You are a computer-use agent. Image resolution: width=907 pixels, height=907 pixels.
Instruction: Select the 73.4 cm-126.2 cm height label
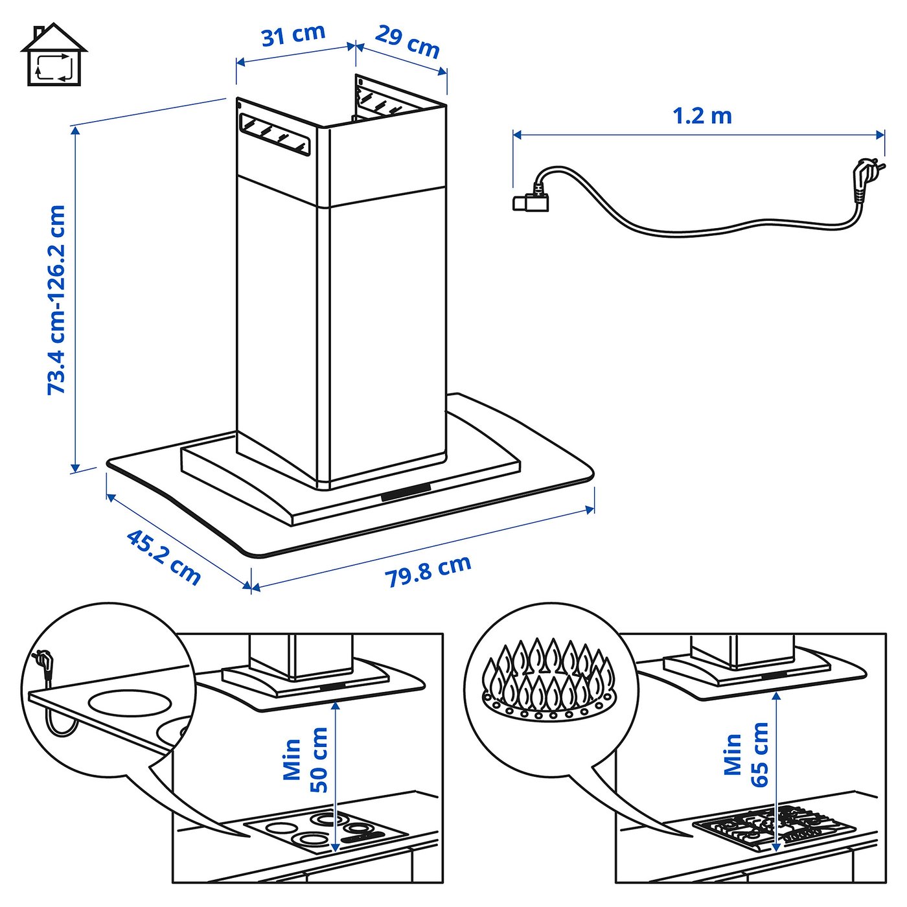click(x=57, y=299)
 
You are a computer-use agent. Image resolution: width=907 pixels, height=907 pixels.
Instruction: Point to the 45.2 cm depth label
click(x=163, y=557)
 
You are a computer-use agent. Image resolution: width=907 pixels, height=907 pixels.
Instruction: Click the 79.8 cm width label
click(x=428, y=571)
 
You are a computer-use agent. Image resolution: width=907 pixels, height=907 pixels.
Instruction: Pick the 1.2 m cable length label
click(x=702, y=116)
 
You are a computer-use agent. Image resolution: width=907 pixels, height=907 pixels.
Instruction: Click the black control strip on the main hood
click(x=406, y=492)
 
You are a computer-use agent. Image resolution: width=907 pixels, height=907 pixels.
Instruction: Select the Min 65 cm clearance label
click(x=746, y=755)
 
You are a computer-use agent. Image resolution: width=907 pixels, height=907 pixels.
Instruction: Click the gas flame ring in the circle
click(x=549, y=680)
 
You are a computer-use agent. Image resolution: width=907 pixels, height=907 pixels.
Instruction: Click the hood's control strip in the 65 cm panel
click(x=771, y=675)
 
